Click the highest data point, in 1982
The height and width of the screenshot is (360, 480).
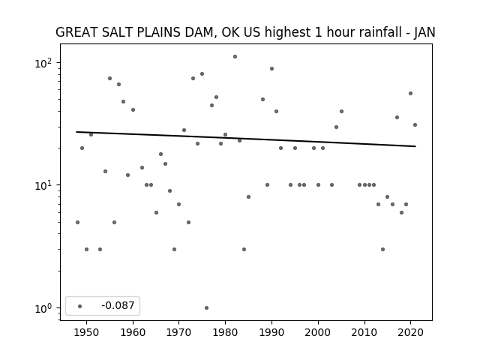235,57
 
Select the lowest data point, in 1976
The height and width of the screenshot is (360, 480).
207,308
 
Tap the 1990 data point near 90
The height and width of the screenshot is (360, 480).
271,68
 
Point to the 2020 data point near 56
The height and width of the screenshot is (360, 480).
411,93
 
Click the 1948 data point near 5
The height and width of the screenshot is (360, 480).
77,222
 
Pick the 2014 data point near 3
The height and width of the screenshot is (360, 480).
383,250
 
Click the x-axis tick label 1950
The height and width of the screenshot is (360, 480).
87,332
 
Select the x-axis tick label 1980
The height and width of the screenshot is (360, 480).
225,332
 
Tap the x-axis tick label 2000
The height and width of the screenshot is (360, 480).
318,332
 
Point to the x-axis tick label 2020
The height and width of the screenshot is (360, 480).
411,332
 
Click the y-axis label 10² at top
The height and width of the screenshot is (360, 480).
43,63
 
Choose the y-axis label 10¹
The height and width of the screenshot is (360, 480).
43,185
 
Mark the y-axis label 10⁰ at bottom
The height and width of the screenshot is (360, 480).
43,308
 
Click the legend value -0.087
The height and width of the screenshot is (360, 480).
118,305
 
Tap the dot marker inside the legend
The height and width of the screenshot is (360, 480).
80,306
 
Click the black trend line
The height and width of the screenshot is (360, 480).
246,139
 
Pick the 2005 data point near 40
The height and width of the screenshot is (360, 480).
342,112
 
